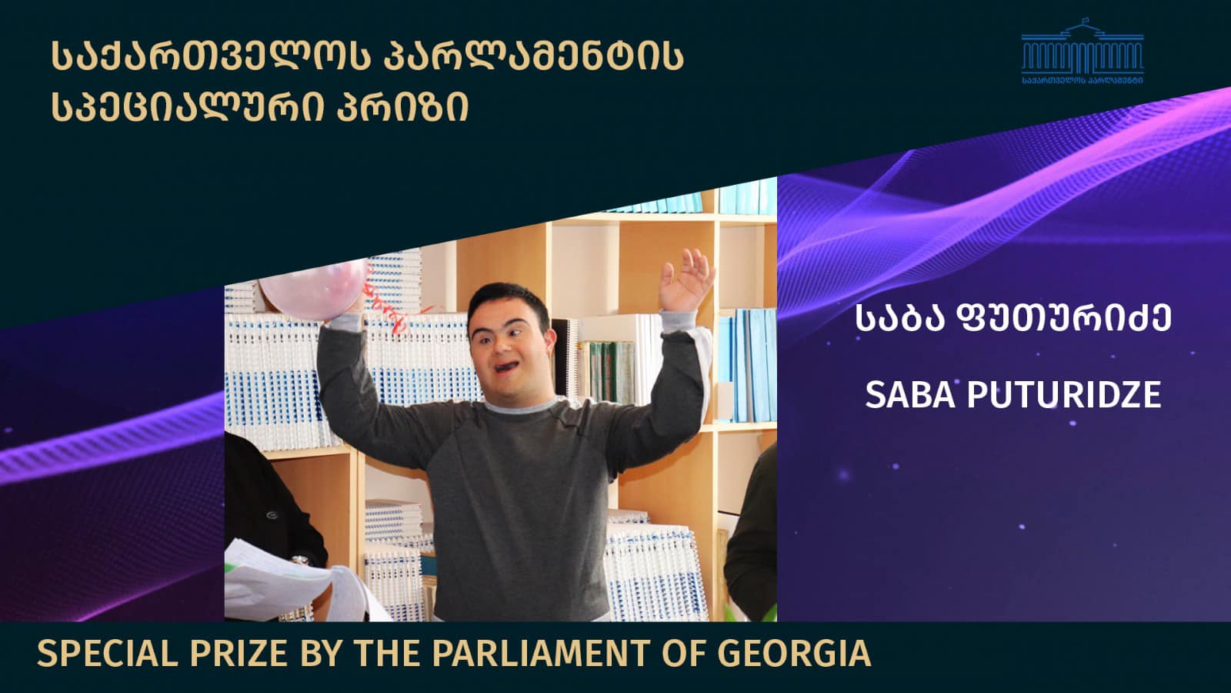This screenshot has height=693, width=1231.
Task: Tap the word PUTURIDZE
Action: point(1064,394)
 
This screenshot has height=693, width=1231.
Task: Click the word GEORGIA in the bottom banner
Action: point(794,654)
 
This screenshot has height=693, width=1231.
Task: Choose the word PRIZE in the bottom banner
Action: point(239,654)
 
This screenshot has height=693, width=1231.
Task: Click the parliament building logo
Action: point(1082,51)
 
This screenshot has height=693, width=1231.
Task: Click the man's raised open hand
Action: point(687,280)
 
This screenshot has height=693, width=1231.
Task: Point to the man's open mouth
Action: point(505,367)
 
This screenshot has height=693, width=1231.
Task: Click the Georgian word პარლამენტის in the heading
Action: point(532,56)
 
